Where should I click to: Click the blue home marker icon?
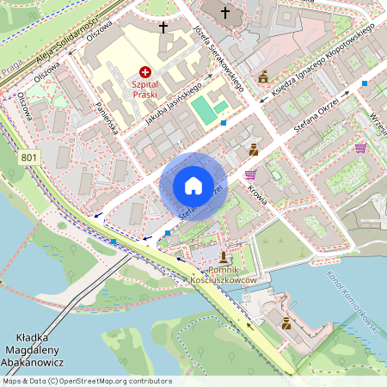(x=193, y=186)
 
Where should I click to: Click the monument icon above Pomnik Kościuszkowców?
(x=224, y=257)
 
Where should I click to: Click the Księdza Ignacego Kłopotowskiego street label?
(x=322, y=60)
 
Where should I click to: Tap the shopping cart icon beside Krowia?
(x=250, y=173)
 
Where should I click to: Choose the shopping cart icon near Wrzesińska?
(x=359, y=147)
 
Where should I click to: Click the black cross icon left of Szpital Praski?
(x=163, y=27)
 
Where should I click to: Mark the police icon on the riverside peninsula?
(x=286, y=323)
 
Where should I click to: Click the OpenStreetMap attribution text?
(x=86, y=381)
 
